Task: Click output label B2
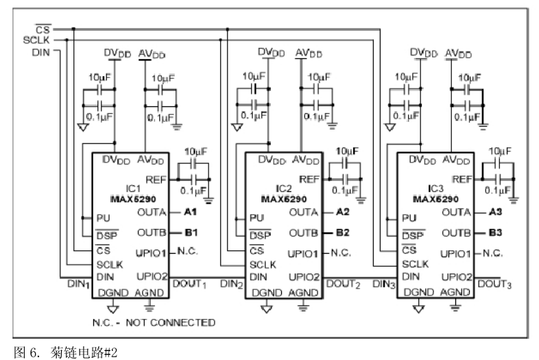coord(343,232)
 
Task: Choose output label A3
coord(496,213)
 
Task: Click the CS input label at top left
coord(43,29)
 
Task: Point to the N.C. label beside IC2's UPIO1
coord(342,252)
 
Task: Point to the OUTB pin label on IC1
coord(152,232)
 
